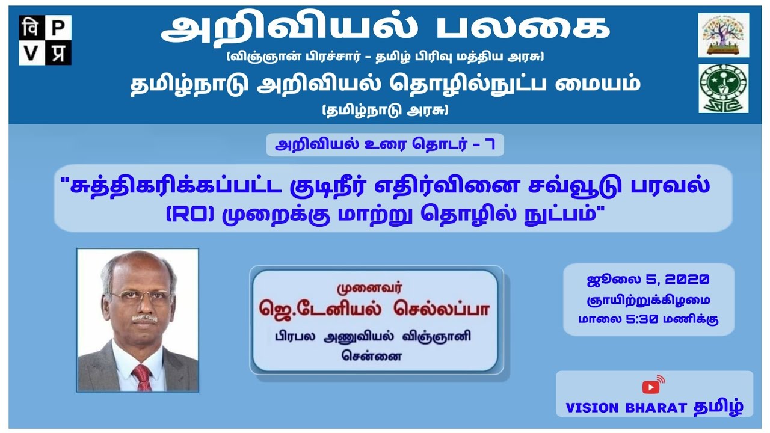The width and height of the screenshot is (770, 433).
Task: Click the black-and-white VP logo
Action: [x=45, y=40]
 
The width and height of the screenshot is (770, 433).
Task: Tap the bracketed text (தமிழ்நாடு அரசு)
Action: [x=385, y=110]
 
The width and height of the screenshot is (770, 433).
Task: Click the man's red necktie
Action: [x=142, y=376]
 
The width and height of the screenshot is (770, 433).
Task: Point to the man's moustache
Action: [x=144, y=317]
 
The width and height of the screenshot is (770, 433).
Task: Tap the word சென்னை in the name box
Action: [x=374, y=355]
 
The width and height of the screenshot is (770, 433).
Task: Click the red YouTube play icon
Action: [x=650, y=387]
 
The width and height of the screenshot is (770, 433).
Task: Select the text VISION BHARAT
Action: [x=626, y=407]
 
